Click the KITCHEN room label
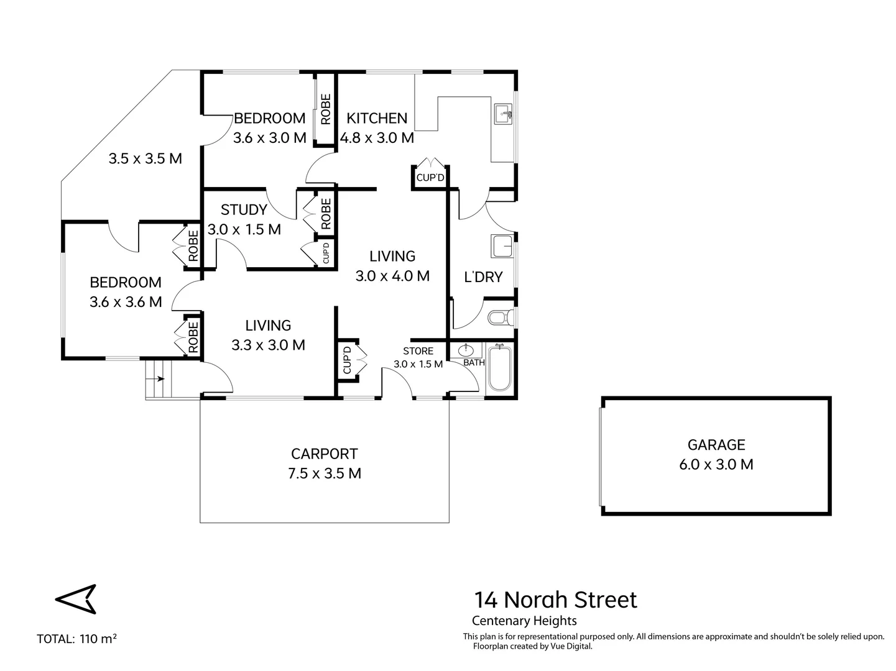tap(377, 118)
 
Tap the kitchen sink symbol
tap(502, 114)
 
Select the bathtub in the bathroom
tap(499, 368)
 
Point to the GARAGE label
tap(716, 445)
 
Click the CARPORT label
tap(324, 454)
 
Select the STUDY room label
tap(244, 209)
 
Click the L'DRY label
tap(483, 277)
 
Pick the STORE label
tap(418, 351)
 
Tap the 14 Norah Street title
tap(555, 600)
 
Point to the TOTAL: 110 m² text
tap(77, 639)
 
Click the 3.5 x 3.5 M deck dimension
tap(145, 158)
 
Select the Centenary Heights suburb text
tap(524, 621)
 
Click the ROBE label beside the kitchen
tap(325, 109)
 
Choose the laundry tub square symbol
tap(502, 246)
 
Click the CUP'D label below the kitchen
tap(430, 178)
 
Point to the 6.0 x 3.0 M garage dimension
tap(716, 465)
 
